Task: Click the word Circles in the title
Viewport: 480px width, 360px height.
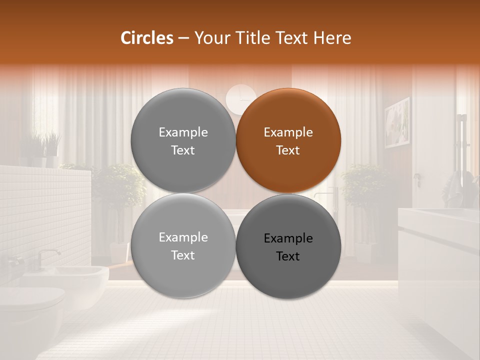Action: coord(147,38)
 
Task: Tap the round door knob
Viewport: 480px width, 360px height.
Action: coord(416,176)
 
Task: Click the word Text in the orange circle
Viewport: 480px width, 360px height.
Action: coord(288,150)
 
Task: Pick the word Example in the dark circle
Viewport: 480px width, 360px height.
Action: coord(288,238)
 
